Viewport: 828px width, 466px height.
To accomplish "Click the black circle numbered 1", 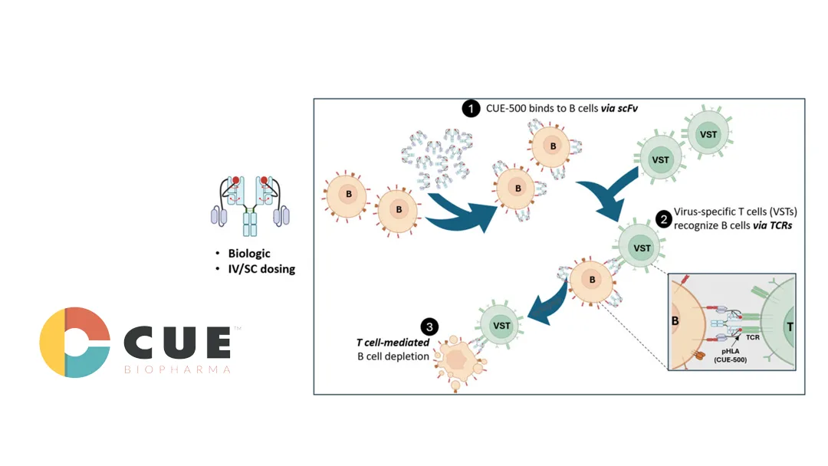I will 470,109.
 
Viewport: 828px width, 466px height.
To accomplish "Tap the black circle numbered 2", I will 662,218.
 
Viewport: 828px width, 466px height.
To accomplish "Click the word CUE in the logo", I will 177,343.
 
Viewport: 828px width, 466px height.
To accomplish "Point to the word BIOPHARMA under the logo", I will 177,369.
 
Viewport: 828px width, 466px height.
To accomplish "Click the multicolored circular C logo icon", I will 74,342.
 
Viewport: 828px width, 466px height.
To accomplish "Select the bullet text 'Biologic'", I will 248,254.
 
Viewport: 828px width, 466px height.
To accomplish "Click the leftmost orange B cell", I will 349,194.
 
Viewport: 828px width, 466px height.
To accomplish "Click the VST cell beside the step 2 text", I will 641,248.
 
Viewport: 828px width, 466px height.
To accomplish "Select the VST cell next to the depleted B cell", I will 501,325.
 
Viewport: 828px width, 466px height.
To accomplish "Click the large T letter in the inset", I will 788,326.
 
